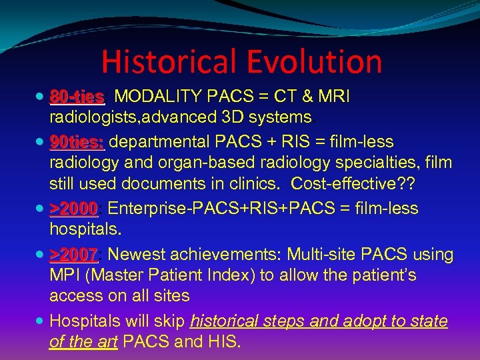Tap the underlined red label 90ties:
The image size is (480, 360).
coord(77,143)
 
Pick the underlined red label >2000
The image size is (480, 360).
coord(74,209)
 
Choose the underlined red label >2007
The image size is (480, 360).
coord(74,255)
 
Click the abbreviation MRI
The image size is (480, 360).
coord(334,97)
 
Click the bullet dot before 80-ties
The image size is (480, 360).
coord(42,97)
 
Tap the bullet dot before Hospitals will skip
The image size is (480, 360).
coord(42,321)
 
